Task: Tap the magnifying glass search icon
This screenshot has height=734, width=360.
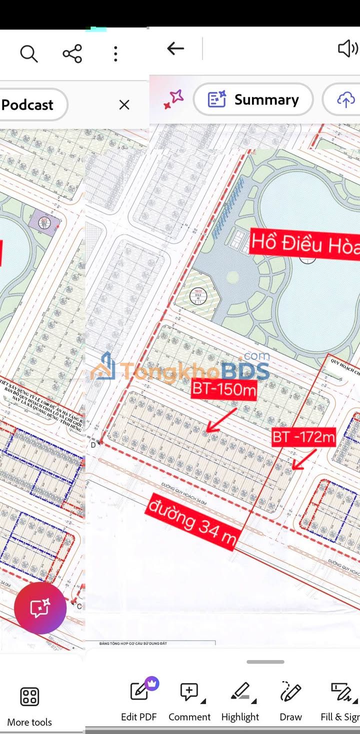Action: coord(28,53)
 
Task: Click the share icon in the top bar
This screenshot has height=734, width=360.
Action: coord(72,53)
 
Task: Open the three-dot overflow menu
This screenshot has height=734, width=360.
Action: coord(115,53)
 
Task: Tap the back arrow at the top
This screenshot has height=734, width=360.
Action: coord(175,48)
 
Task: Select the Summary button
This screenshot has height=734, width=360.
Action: coord(253,99)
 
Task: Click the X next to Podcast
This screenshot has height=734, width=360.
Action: coord(124,104)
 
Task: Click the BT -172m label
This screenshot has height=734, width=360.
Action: coord(303,437)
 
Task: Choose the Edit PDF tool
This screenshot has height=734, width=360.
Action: coord(139,700)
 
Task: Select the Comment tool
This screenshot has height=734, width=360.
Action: coord(189,700)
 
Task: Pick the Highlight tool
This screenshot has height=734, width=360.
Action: coord(240,700)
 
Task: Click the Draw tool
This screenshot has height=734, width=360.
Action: coord(290,700)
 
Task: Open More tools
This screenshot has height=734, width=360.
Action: coord(29,705)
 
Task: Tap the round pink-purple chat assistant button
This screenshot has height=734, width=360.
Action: coord(40,608)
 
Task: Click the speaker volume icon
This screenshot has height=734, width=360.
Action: coord(348,48)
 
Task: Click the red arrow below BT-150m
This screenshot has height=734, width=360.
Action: coord(222,419)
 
